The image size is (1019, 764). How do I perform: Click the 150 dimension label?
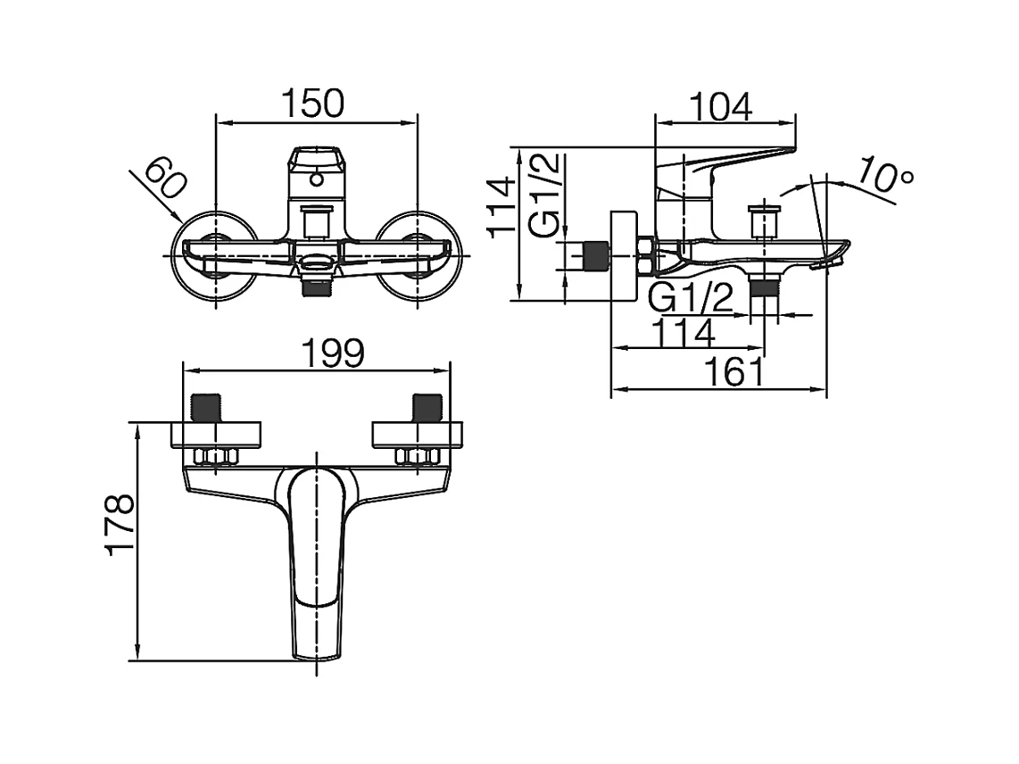pyautogui.click(x=312, y=104)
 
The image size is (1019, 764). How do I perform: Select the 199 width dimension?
pyautogui.click(x=334, y=353)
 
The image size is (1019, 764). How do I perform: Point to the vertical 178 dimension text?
pyautogui.click(x=120, y=525)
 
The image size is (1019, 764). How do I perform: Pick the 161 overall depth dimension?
pyautogui.click(x=735, y=372)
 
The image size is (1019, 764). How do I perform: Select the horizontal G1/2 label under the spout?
pyautogui.click(x=691, y=298)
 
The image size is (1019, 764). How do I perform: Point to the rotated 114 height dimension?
pyautogui.click(x=502, y=207)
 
